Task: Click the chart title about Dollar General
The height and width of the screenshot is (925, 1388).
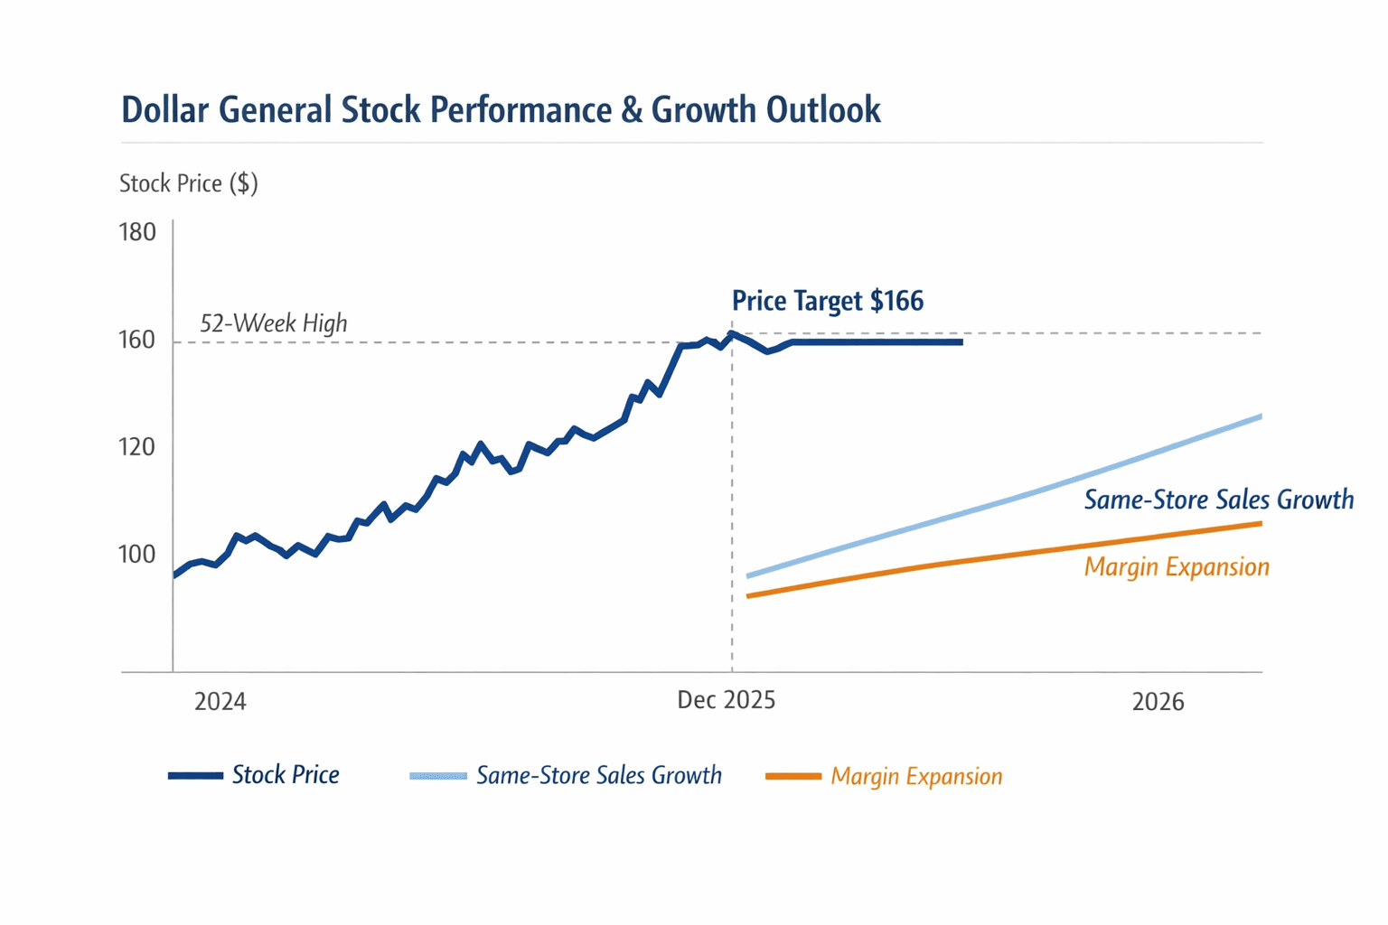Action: pos(501,110)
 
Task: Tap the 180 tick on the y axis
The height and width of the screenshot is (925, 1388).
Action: pos(137,232)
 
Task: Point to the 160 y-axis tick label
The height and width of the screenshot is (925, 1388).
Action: pos(137,341)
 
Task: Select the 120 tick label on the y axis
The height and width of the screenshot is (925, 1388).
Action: pos(137,447)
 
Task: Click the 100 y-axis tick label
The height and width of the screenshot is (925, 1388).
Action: pos(137,554)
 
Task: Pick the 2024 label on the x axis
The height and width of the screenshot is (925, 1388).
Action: pos(220,702)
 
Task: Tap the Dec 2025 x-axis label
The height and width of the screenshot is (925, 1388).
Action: pos(727,700)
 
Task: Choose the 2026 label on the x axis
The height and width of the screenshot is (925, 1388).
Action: pos(1158,702)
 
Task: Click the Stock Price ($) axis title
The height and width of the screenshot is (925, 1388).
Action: pos(189,183)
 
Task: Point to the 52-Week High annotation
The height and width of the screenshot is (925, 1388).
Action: pos(273,323)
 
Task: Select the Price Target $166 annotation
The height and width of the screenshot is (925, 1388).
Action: pos(828,301)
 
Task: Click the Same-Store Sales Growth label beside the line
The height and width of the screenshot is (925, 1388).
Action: pos(1219,500)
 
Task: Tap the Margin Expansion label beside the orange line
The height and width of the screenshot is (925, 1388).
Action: pos(1177,567)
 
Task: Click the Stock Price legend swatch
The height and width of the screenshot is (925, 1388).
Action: pos(195,775)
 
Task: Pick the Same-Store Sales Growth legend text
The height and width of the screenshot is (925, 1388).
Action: pos(599,775)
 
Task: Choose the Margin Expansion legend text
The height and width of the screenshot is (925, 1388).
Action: pos(916,776)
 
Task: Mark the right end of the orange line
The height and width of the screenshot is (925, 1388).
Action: pos(1261,524)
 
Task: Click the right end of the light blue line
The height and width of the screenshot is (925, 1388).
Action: pos(1261,416)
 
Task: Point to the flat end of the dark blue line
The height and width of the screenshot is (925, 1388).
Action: pos(961,342)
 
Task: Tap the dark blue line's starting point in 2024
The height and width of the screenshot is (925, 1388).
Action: pos(174,575)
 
